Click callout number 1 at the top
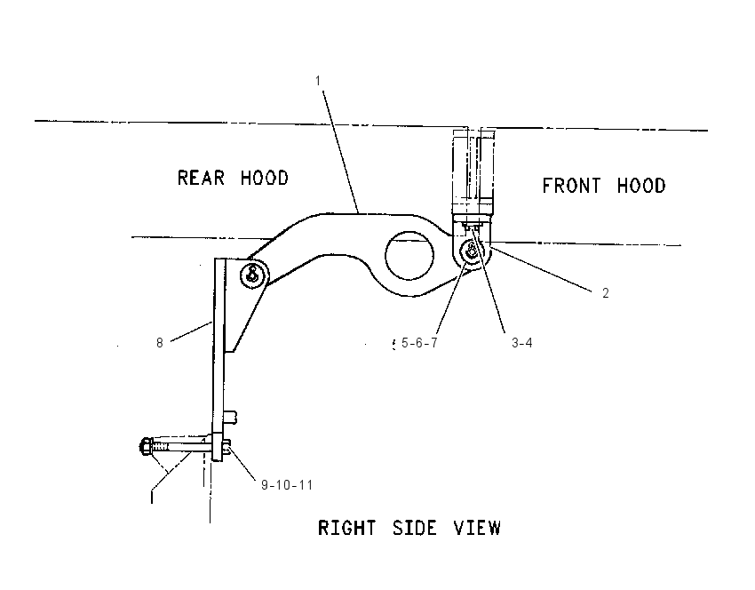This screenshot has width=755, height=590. coord(318,81)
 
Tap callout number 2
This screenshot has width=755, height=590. coord(606,293)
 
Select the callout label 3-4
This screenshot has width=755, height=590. coord(522,343)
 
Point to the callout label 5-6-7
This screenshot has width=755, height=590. coord(419,343)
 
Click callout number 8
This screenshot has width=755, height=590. coord(160,343)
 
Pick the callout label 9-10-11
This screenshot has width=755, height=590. coord(287,485)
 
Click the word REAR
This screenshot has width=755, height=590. coord(202,178)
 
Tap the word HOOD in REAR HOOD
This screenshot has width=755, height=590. coord(265,178)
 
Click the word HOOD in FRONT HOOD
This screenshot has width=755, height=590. coord(641,186)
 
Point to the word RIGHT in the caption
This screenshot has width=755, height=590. coord(346,528)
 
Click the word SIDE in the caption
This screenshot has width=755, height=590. coord(415,528)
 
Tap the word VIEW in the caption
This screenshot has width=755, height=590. coord(477,528)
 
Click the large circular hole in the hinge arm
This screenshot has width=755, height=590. coord(409,256)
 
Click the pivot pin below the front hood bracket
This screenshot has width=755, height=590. coord(472,251)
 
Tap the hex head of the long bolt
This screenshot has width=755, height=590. coord(145,446)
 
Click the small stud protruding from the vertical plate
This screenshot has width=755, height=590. coord(231,417)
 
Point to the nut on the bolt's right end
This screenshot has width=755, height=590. coord(226,449)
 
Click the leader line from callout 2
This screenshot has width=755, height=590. coord(541,269)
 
